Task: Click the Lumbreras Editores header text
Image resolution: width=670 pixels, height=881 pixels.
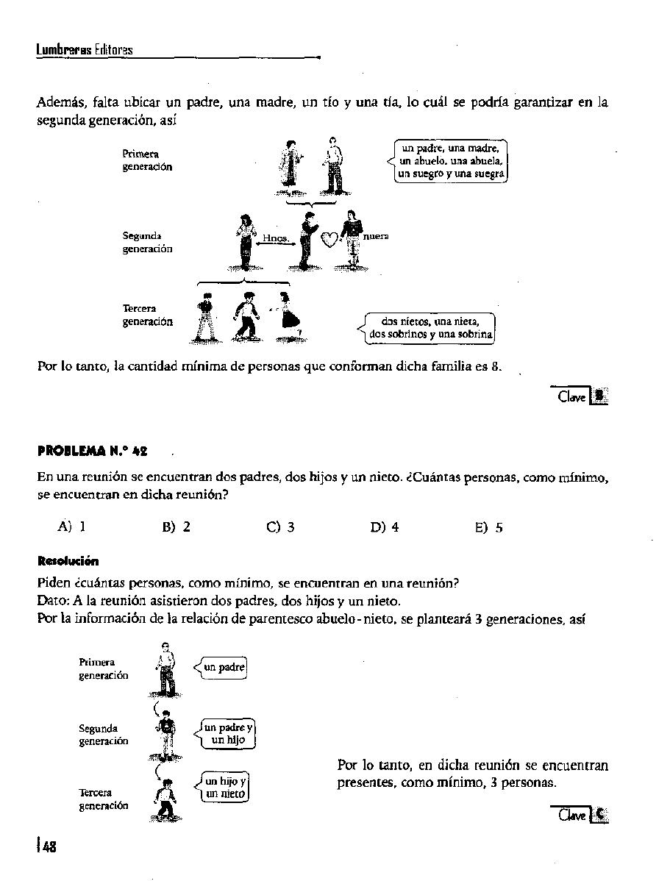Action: (x=85, y=50)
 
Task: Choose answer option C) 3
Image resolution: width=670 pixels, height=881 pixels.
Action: (x=281, y=527)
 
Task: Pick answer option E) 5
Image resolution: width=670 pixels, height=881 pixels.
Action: (x=489, y=527)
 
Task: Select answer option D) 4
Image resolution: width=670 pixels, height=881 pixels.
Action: (x=385, y=527)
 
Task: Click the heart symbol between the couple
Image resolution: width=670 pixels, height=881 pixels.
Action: (x=331, y=239)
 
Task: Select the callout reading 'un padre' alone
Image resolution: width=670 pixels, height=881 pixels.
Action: (x=224, y=667)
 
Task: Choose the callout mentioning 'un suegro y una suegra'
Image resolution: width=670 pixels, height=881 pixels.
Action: (x=451, y=161)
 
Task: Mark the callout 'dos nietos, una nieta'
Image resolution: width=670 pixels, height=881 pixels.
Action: (x=430, y=327)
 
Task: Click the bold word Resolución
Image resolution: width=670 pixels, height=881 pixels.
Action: (x=68, y=562)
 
